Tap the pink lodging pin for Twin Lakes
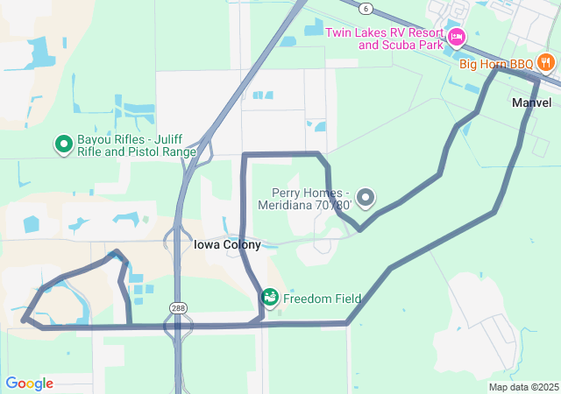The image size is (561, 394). tap(456, 37)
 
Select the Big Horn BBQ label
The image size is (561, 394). tap(496, 64)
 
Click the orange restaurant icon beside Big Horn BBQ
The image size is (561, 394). tap(546, 62)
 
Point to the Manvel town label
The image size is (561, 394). tap(531, 102)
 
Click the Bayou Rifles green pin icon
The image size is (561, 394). tap(63, 144)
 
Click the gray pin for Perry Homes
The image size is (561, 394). tap(366, 198)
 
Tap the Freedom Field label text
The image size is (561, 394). tap(322, 299)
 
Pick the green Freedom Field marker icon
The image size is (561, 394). tap(270, 298)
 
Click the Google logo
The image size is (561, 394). tap(29, 383)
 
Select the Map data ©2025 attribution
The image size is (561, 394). tap(523, 387)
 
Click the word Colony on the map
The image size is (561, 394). tap(241, 245)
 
